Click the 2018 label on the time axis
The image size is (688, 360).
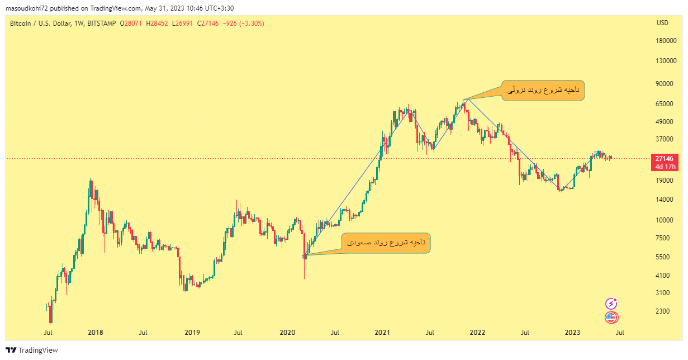coord(96,333)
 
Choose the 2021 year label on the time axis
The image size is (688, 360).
coord(382,333)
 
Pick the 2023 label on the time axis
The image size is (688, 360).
coord(572,333)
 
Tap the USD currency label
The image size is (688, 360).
coord(662,23)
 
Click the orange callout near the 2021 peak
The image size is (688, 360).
coord(543,90)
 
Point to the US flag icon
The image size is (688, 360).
coord(611,318)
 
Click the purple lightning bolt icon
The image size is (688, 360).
coord(611,304)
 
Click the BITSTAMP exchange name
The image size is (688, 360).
coord(102,23)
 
